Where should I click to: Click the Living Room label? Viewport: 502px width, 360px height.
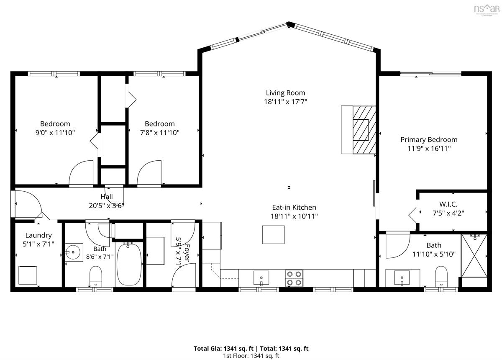pos(285,93)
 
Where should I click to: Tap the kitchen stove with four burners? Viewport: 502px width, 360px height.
pos(294,278)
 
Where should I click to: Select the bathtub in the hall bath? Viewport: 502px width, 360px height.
pos(129,264)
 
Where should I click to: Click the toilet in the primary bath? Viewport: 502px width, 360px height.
pos(441,276)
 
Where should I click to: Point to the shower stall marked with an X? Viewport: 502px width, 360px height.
pos(474,256)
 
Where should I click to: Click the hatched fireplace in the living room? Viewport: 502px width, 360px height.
pos(364,130)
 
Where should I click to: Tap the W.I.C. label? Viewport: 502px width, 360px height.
pos(448,204)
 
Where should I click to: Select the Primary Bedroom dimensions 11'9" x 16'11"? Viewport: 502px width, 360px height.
pos(429,149)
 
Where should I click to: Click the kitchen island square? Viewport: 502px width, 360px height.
pos(274,234)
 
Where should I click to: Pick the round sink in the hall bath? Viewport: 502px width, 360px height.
pos(73,252)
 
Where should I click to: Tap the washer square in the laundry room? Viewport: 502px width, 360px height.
pos(28,275)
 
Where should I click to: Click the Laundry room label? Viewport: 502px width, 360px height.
pos(38,235)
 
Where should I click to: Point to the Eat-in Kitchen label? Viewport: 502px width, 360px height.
pos(294,207)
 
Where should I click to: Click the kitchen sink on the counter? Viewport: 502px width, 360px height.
pos(261,278)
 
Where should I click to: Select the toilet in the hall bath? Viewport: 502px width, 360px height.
pos(96,276)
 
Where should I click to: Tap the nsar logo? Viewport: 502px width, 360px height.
pos(487,10)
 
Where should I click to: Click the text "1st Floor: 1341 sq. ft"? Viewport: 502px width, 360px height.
pos(251,356)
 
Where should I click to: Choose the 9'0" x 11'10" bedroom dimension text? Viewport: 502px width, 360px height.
pos(55,133)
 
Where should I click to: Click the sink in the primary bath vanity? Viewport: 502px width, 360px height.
pos(402,278)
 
